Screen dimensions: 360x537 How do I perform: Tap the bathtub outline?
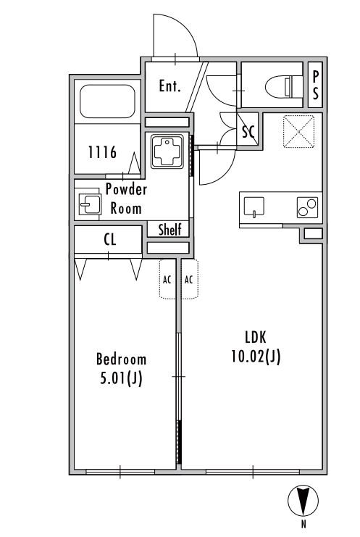[107, 101]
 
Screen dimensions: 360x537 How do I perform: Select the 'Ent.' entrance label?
[169, 86]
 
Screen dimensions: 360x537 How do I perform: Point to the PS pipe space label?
[316, 85]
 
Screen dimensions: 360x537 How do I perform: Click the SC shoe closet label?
[248, 131]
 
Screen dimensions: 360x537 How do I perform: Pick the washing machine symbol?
[167, 151]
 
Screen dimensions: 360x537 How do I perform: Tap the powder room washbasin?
[90, 204]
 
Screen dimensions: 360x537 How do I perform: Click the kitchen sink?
[254, 207]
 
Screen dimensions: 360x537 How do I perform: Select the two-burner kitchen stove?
[307, 207]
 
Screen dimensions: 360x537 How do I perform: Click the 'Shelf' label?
[169, 230]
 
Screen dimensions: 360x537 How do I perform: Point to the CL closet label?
[110, 240]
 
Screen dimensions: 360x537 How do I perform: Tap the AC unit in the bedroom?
[167, 279]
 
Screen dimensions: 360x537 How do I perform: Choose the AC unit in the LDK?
[190, 279]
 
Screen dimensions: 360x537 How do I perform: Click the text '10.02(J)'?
[256, 357]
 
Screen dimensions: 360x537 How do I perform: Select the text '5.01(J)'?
[121, 378]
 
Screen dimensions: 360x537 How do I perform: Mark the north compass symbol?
[304, 501]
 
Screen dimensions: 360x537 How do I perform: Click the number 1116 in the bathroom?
[102, 152]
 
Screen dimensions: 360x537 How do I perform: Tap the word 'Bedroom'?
[121, 359]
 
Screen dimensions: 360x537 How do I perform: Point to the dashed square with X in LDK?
[298, 131]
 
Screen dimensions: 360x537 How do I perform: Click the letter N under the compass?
[304, 524]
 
